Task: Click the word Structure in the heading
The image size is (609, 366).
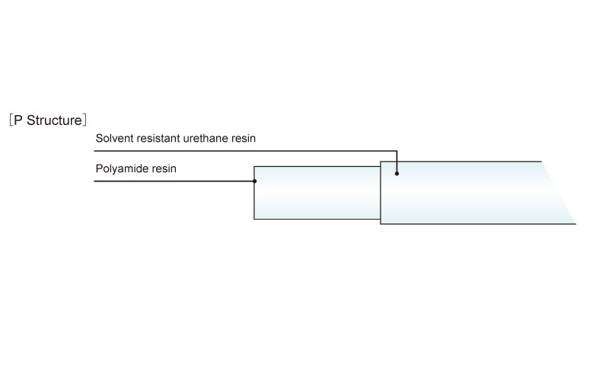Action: click(54, 120)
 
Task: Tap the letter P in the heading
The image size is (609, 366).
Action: click(18, 120)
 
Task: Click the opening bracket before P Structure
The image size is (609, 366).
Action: click(11, 120)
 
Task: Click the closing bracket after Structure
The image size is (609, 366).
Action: click(84, 120)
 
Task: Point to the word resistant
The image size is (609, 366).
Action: click(155, 138)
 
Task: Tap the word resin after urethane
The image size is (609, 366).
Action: click(243, 138)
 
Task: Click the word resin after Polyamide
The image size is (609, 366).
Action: click(164, 169)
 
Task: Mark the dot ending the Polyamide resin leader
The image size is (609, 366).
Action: click(254, 181)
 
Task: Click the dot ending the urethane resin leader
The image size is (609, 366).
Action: click(397, 174)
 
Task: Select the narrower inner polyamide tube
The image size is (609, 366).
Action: click(317, 193)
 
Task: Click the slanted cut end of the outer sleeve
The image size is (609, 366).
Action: click(559, 193)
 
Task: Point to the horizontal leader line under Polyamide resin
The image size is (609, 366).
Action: click(174, 181)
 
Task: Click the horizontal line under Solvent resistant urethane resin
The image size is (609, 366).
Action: click(245, 151)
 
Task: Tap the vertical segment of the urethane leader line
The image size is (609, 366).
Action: click(397, 162)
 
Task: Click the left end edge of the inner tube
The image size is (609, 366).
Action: click(254, 193)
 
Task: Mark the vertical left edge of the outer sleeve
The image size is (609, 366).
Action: click(380, 193)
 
